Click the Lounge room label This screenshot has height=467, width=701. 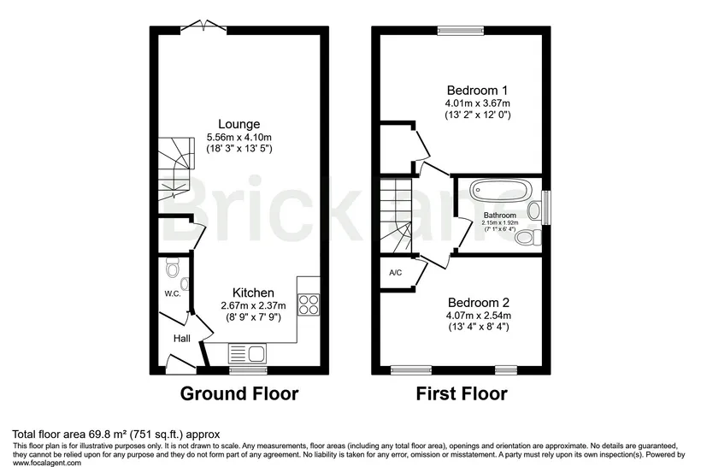click(x=239, y=124)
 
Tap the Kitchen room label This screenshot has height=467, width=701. click(x=253, y=293)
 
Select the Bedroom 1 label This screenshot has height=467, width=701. click(x=477, y=91)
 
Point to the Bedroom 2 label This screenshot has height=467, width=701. click(x=479, y=303)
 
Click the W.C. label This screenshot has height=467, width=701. click(x=172, y=294)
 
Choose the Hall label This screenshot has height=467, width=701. click(x=182, y=339)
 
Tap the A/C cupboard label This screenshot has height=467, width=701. click(x=396, y=272)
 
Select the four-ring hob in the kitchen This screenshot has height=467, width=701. click(x=309, y=304)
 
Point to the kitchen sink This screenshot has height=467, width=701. click(x=247, y=353)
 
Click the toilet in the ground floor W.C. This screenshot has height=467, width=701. click(x=172, y=268)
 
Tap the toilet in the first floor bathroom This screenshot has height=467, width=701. click(x=528, y=237)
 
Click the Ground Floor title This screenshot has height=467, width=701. click(x=239, y=393)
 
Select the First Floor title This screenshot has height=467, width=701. click(x=462, y=393)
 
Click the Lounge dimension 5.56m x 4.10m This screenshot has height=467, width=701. click(x=239, y=138)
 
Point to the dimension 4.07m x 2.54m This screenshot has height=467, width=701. click(x=479, y=316)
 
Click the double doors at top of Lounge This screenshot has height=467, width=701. click(x=203, y=27)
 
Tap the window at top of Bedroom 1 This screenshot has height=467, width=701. click(x=461, y=31)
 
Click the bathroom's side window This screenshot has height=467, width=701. click(x=546, y=208)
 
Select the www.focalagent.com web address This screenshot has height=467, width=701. click(x=47, y=463)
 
